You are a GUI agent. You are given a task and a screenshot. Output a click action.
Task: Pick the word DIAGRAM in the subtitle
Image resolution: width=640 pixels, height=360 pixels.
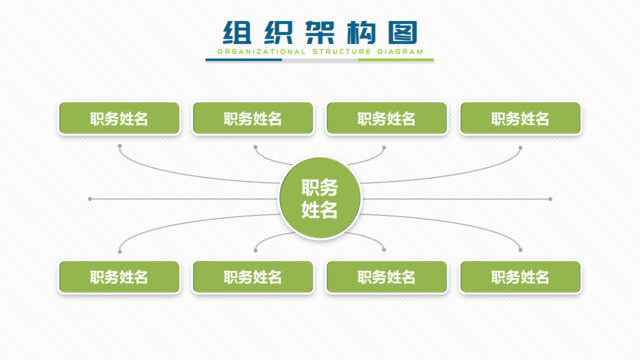[402, 51]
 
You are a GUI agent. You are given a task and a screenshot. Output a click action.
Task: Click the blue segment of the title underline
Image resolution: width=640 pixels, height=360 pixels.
[244, 60]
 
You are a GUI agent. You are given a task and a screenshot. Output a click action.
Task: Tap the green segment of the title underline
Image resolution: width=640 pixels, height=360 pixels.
[396, 60]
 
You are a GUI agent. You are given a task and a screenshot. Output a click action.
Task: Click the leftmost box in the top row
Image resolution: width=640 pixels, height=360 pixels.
[119, 119]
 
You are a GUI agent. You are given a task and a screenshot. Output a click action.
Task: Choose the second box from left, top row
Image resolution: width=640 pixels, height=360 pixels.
[253, 119]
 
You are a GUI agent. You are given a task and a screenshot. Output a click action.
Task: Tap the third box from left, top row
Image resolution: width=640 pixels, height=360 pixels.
[386, 119]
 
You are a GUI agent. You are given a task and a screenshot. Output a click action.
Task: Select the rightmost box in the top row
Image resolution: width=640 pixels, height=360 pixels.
[520, 119]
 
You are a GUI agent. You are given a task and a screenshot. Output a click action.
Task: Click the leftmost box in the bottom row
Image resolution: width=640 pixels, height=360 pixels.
[119, 277]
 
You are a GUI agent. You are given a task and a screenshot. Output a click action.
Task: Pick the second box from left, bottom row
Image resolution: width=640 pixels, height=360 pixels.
[253, 277]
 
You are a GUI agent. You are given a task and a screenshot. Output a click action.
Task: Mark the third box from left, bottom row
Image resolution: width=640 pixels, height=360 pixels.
[386, 277]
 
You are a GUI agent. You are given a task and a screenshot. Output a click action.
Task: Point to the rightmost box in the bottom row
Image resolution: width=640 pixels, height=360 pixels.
[520, 277]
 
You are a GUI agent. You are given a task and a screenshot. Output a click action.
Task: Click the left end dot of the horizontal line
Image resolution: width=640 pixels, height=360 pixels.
[90, 199]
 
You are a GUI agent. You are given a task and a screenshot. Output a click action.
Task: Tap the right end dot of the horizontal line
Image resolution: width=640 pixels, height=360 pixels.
[550, 199]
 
